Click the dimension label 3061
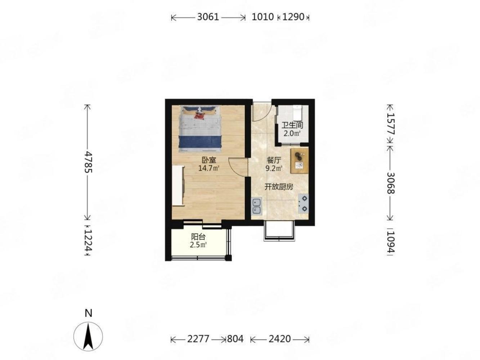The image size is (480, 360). coord(208,17)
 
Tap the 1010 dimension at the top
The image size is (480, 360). coord(263,17)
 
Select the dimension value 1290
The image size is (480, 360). coord(293,17)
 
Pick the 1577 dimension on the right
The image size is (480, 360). coord(390,124)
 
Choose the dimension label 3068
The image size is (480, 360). coord(390,183)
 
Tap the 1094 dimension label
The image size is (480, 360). coord(390,242)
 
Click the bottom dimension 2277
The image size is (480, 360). coord(198,339)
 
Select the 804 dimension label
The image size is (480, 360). coord(235,339)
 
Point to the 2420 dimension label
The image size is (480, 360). coord(280,339)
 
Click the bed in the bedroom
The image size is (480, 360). coord(200,129)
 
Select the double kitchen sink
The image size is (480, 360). coord(256,206)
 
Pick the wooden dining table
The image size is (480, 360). coord(299,161)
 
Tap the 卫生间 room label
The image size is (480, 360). coord(292,125)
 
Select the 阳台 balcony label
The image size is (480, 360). coord(198,237)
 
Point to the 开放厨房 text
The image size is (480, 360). coord(279,187)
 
